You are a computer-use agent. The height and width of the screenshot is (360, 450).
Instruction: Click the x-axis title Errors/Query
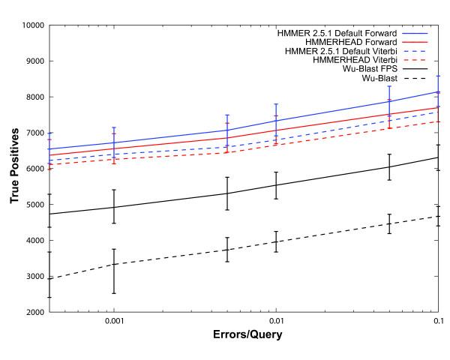coord(246,334)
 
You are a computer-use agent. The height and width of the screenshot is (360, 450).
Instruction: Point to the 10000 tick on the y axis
coord(32,25)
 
